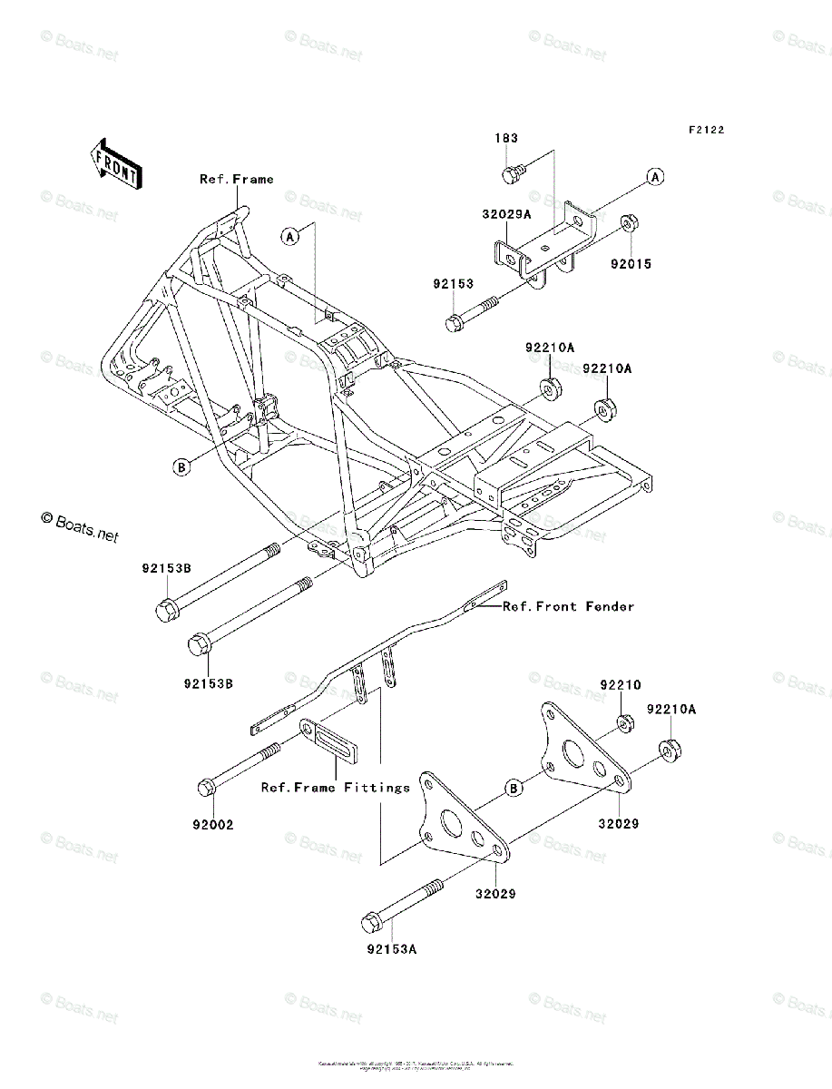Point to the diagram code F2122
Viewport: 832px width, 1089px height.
pyautogui.click(x=705, y=131)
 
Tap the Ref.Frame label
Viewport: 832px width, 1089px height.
pyautogui.click(x=236, y=180)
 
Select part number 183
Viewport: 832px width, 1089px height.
pyautogui.click(x=506, y=138)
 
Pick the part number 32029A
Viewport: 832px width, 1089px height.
pyautogui.click(x=506, y=216)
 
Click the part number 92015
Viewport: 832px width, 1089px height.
pyautogui.click(x=631, y=264)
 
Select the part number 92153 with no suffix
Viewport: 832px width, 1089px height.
pyautogui.click(x=453, y=284)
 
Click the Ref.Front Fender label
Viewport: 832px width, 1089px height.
pyautogui.click(x=569, y=606)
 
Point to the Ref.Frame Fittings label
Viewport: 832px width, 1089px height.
pyautogui.click(x=336, y=788)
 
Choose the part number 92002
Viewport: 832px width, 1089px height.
pyautogui.click(x=213, y=825)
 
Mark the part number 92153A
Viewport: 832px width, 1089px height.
pyautogui.click(x=392, y=950)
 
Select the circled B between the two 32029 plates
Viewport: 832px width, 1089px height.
pyautogui.click(x=514, y=788)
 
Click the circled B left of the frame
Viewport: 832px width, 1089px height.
pyautogui.click(x=182, y=466)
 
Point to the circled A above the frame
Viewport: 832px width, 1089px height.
pyautogui.click(x=289, y=237)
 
